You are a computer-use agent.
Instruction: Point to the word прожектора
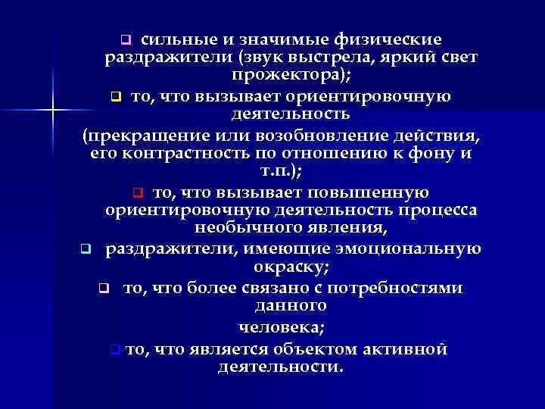[x=280, y=76]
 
